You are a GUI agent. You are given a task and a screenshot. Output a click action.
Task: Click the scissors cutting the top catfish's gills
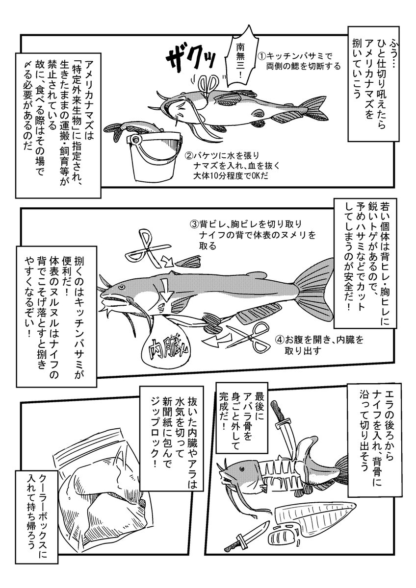(x=207, y=84)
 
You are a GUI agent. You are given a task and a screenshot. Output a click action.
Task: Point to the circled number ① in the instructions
(x=262, y=56)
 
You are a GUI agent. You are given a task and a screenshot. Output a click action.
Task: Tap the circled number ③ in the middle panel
(x=193, y=224)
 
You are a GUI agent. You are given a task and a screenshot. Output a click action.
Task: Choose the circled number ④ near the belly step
(x=279, y=340)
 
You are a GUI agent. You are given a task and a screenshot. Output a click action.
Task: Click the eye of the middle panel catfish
(x=121, y=287)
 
